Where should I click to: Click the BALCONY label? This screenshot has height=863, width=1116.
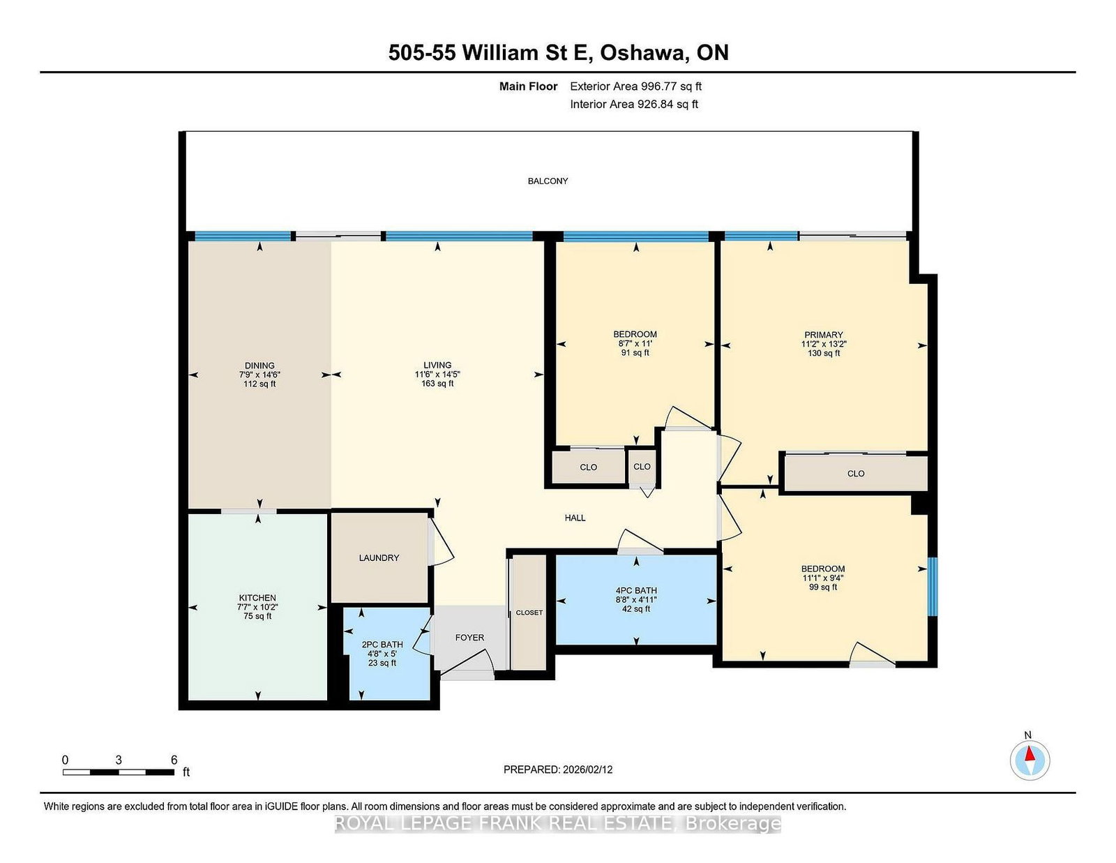(x=548, y=181)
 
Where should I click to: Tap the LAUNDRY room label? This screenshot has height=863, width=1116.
(x=379, y=557)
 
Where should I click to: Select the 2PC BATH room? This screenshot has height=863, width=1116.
(x=382, y=653)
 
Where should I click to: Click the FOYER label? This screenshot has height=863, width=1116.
(x=469, y=638)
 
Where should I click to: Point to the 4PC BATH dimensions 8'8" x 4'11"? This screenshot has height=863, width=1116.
(x=636, y=599)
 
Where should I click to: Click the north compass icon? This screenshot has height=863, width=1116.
(x=1030, y=760)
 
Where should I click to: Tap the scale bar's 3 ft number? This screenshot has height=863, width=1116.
(x=119, y=760)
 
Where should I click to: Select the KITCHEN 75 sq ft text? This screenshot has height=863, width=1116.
(x=258, y=616)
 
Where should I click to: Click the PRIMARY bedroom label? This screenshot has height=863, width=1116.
(x=823, y=335)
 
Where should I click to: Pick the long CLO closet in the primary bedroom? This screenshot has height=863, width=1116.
(x=856, y=474)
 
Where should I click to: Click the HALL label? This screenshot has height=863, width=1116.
(x=575, y=518)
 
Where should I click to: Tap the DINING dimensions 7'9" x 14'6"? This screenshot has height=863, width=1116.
(x=259, y=375)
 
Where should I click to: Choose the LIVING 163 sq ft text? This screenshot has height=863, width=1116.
(x=437, y=384)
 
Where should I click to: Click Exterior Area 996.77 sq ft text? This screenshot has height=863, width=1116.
(x=635, y=87)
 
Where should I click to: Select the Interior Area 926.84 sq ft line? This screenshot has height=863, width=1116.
(x=634, y=104)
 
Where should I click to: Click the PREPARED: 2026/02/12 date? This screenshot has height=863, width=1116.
(x=558, y=770)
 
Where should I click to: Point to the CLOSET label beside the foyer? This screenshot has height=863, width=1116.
(x=529, y=613)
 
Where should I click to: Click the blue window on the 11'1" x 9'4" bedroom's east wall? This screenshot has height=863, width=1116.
(x=932, y=586)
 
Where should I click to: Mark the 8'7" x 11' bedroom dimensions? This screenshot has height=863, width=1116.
(x=635, y=343)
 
